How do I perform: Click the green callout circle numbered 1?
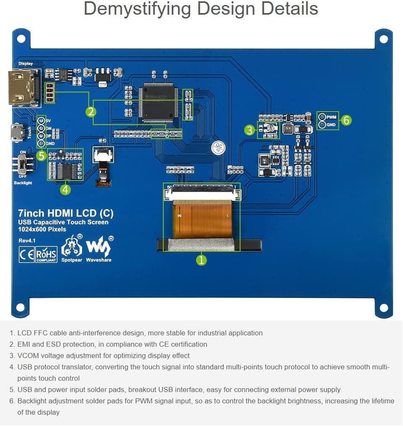(201, 260)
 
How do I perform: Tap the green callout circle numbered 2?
(91, 112)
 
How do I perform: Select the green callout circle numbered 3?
(250, 130)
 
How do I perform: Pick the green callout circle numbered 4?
(65, 189)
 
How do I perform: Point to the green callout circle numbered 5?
(41, 156)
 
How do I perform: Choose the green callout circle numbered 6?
(346, 120)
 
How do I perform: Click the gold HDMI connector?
(24, 87)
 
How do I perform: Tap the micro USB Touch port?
(17, 132)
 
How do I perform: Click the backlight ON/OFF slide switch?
(22, 163)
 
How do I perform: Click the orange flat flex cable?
(202, 219)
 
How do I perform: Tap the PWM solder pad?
(322, 117)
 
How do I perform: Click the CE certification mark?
(26, 255)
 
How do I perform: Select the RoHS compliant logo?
(46, 255)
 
